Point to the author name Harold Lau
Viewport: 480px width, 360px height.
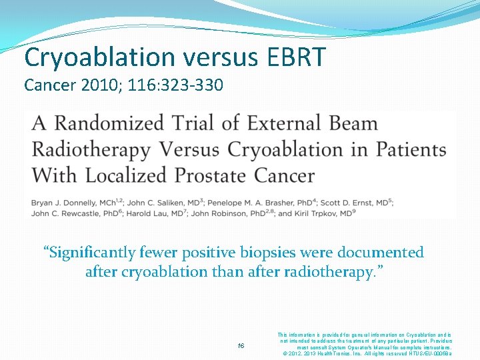coord(159,213)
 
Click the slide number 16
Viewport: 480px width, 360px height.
coord(241,345)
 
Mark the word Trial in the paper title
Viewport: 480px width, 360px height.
coord(195,124)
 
